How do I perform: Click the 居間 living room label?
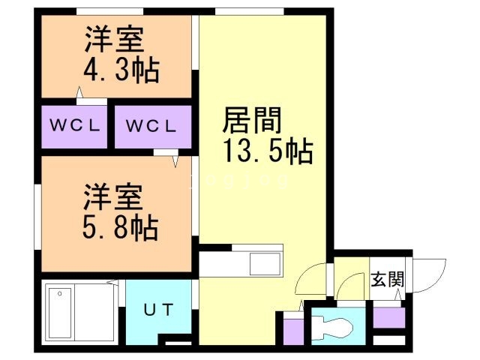253,120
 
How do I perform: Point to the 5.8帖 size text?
120,224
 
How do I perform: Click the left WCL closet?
75,125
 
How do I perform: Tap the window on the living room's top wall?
248,10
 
